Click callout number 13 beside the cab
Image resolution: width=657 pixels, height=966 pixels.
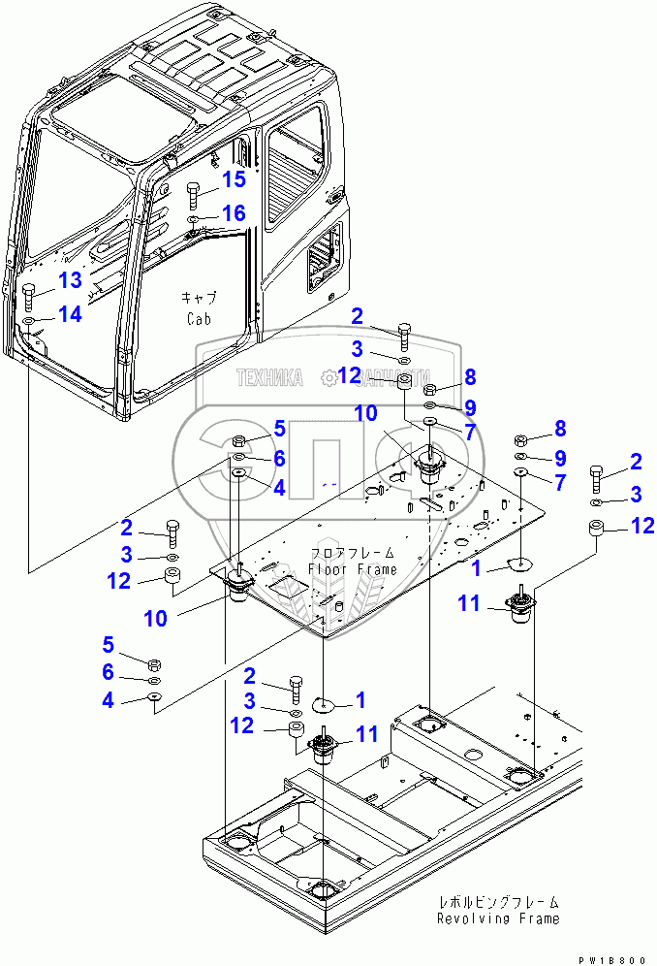click(x=71, y=280)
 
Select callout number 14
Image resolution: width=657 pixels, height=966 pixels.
click(x=70, y=313)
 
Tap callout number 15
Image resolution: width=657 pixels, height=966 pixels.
click(x=234, y=179)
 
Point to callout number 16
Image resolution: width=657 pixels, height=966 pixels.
click(x=234, y=212)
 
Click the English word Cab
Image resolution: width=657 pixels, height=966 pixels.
click(x=199, y=318)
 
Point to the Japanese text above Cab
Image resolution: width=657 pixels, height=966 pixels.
click(x=199, y=297)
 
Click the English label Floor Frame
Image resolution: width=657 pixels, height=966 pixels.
click(x=353, y=569)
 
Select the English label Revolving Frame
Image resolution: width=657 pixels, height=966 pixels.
click(x=497, y=918)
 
